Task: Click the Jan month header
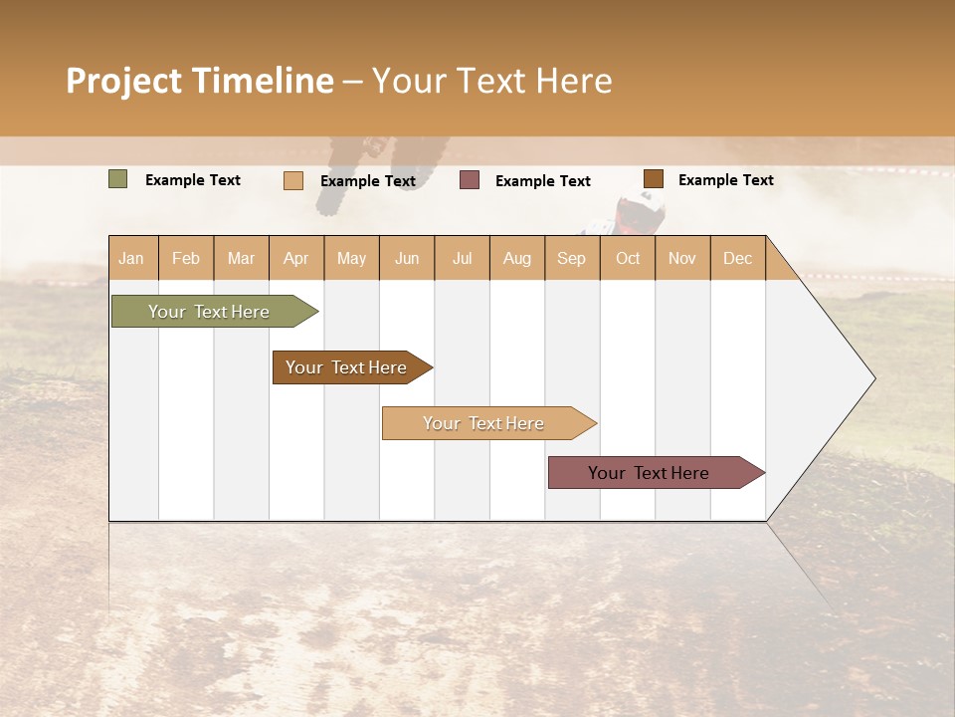click(131, 258)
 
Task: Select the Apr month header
click(295, 258)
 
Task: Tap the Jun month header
click(407, 258)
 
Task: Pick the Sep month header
click(571, 258)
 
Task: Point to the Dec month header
click(737, 258)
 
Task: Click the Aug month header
click(516, 258)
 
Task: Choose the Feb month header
click(186, 258)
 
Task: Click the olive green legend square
click(117, 179)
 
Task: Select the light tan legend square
click(292, 180)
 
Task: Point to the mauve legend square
click(470, 180)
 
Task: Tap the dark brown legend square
click(653, 179)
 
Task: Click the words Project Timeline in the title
click(199, 81)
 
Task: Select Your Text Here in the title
click(491, 81)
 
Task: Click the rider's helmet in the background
click(640, 210)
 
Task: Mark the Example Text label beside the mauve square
click(542, 181)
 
